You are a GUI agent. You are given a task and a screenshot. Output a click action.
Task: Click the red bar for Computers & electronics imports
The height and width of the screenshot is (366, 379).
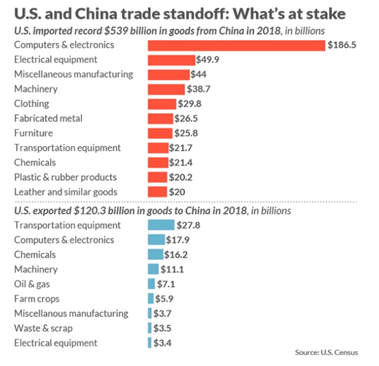(236, 45)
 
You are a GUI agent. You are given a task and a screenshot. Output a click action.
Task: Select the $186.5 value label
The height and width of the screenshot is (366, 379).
(342, 45)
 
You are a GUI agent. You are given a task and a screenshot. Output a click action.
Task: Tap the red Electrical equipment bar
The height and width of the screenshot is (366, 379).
(171, 60)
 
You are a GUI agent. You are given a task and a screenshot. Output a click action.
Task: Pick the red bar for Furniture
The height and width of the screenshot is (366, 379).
(159, 133)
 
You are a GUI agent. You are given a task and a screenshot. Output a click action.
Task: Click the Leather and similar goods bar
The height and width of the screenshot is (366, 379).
(158, 192)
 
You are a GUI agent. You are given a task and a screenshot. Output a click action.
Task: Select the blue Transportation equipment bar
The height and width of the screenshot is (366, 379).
(161, 225)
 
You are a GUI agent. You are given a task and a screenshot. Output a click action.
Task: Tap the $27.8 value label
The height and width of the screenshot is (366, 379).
(189, 225)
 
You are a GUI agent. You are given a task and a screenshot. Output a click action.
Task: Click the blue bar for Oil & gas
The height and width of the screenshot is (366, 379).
(151, 284)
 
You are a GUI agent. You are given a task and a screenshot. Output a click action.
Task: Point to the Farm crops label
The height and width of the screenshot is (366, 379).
(37, 299)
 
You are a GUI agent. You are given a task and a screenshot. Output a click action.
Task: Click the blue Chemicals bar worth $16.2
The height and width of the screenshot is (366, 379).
(156, 254)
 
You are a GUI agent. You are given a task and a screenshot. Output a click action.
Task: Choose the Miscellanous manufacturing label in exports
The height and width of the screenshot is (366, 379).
(71, 313)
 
